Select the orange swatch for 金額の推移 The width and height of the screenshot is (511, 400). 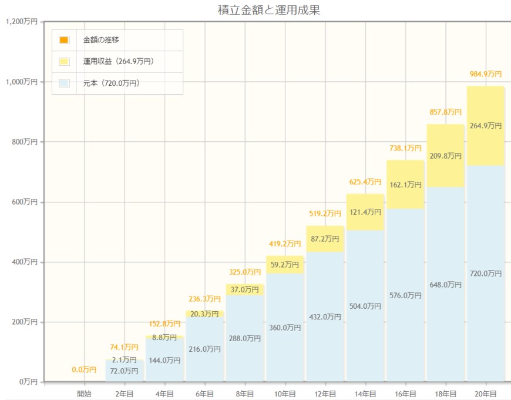coord(64,40)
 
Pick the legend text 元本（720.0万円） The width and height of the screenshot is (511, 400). coord(112,83)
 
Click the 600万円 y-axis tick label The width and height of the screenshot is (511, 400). coord(25,202)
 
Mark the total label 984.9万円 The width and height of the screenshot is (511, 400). coord(486,74)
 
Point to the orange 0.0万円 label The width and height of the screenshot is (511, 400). coord(84,369)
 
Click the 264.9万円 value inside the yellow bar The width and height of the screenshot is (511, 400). coord(486,126)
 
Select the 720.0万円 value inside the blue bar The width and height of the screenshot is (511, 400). coord(486,274)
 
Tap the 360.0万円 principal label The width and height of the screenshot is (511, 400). coord(284,328)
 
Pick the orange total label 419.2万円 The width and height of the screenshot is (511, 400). coord(285,243)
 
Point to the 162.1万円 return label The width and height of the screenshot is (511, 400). coord(405,185)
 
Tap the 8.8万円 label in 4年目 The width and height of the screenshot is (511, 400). coord(164,338)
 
